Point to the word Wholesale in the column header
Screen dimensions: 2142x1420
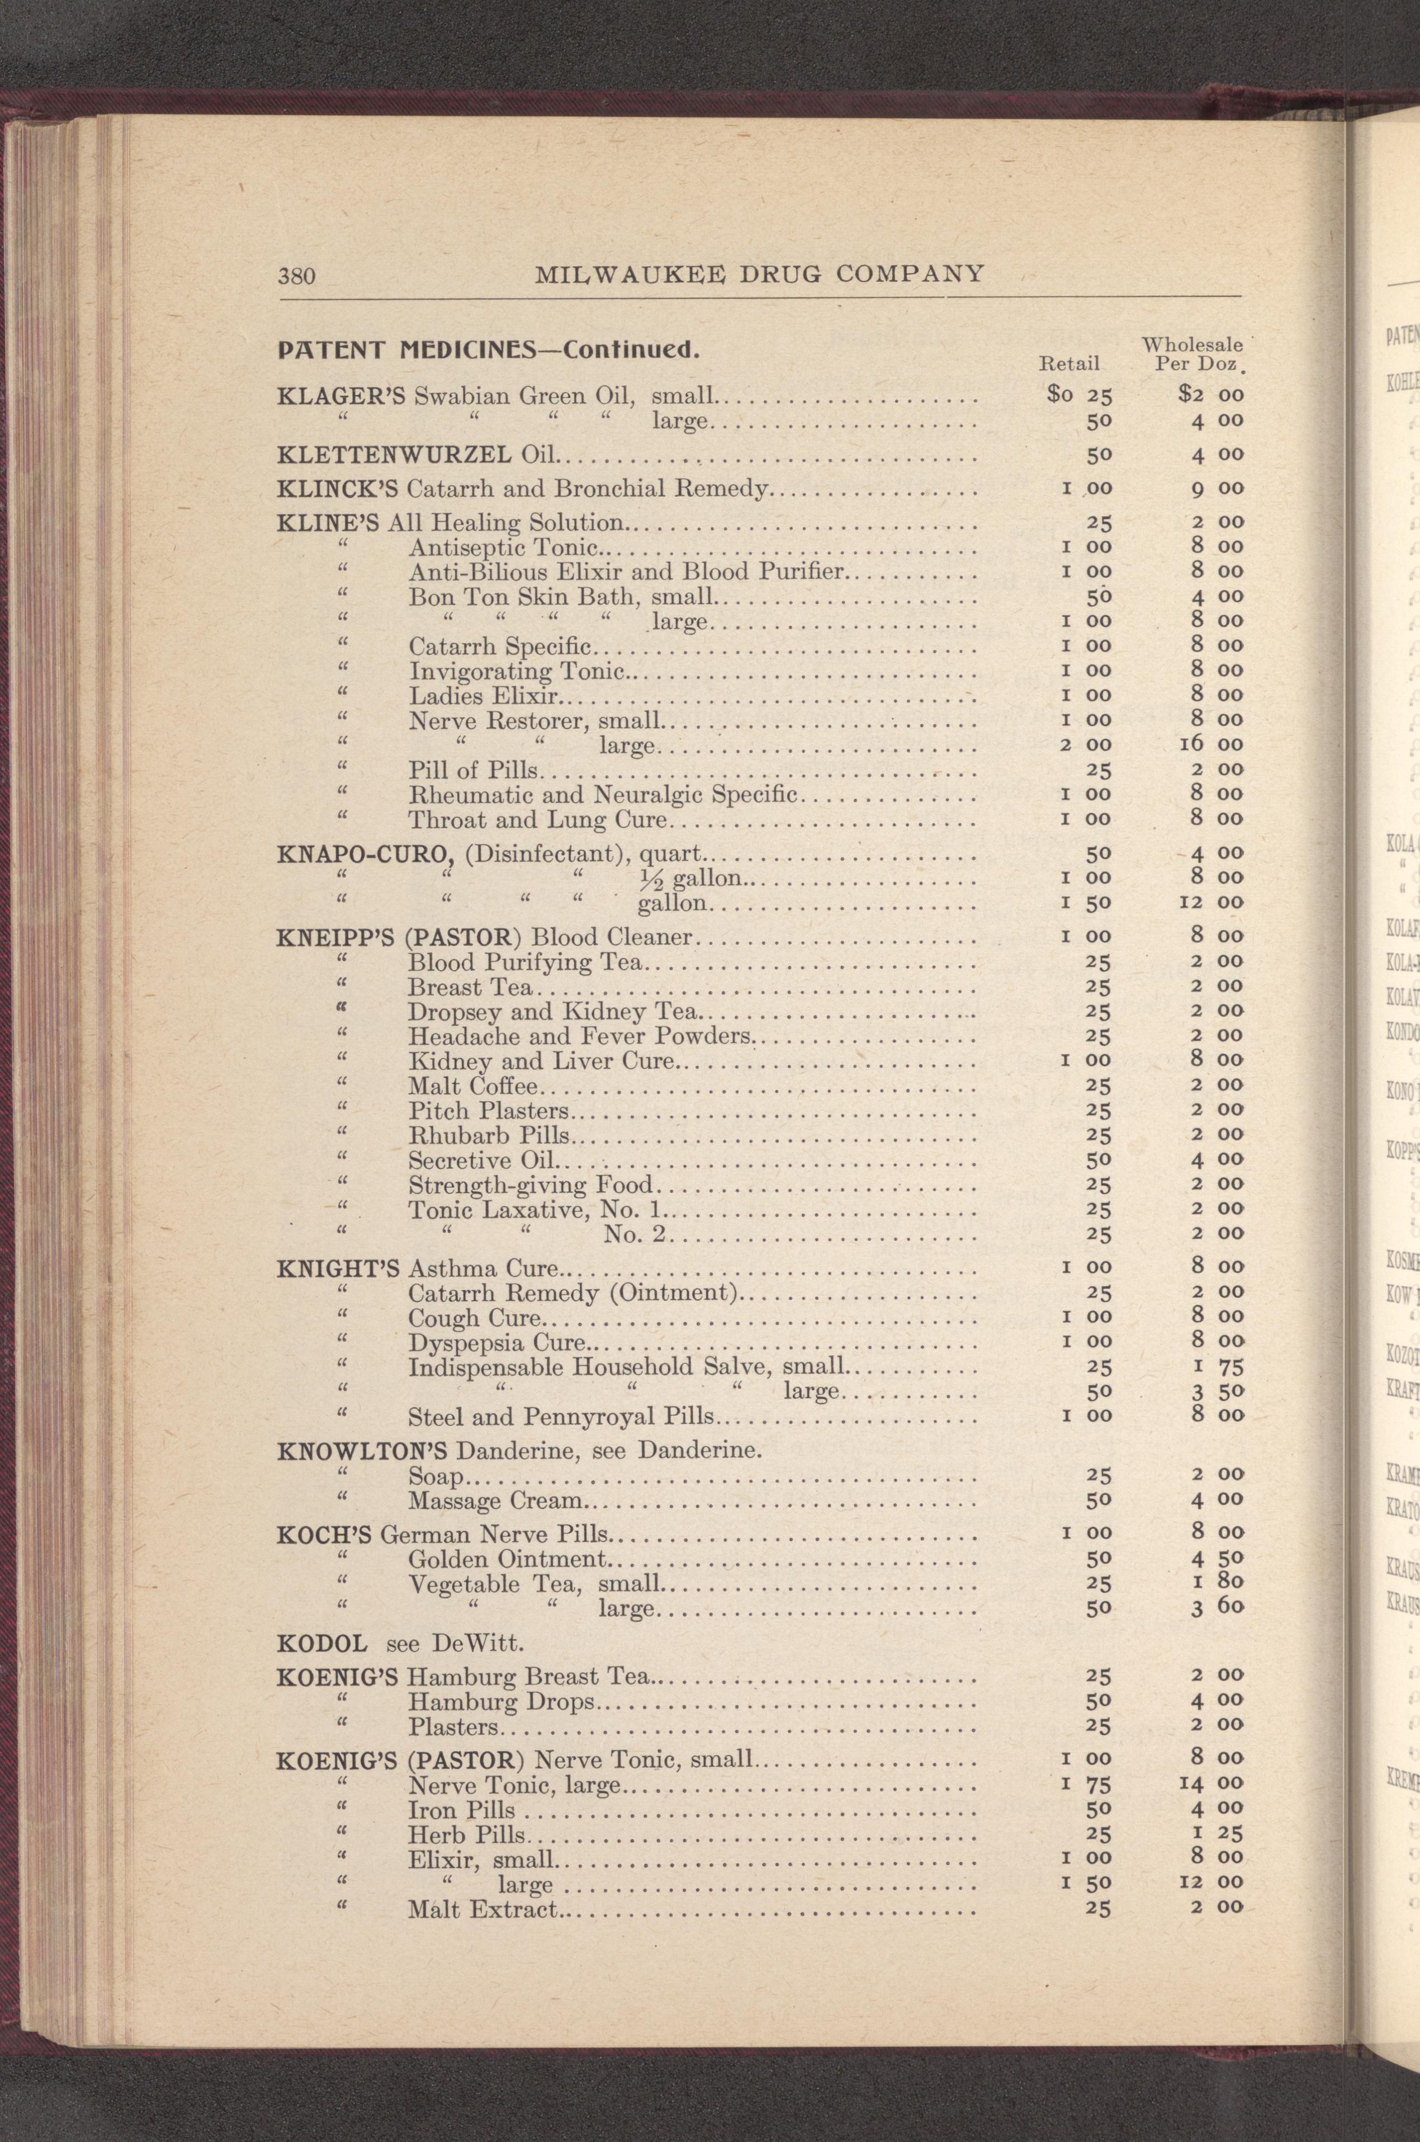pyautogui.click(x=1192, y=345)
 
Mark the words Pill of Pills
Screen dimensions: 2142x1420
pyautogui.click(x=474, y=771)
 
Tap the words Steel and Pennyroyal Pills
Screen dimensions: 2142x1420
pyautogui.click(x=561, y=1417)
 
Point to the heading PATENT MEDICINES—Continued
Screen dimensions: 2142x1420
pyautogui.click(x=488, y=348)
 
